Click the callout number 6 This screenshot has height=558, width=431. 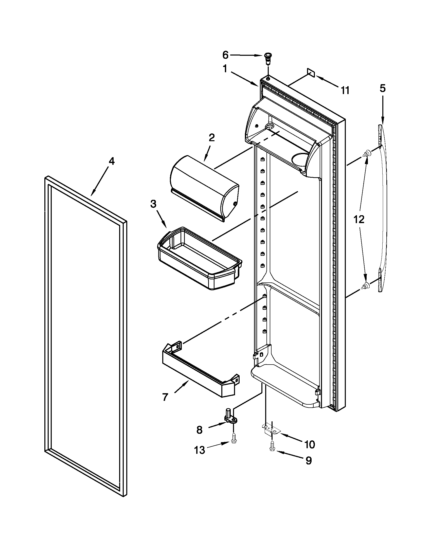tap(225, 55)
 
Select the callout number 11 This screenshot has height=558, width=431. tap(345, 90)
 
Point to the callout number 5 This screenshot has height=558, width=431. tap(383, 88)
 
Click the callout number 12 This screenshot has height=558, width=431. tap(359, 219)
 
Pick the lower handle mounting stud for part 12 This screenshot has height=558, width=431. tap(366, 286)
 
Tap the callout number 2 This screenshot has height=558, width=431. tap(212, 138)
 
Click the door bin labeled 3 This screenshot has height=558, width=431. tap(199, 258)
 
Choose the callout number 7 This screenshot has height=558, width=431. tap(165, 397)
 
